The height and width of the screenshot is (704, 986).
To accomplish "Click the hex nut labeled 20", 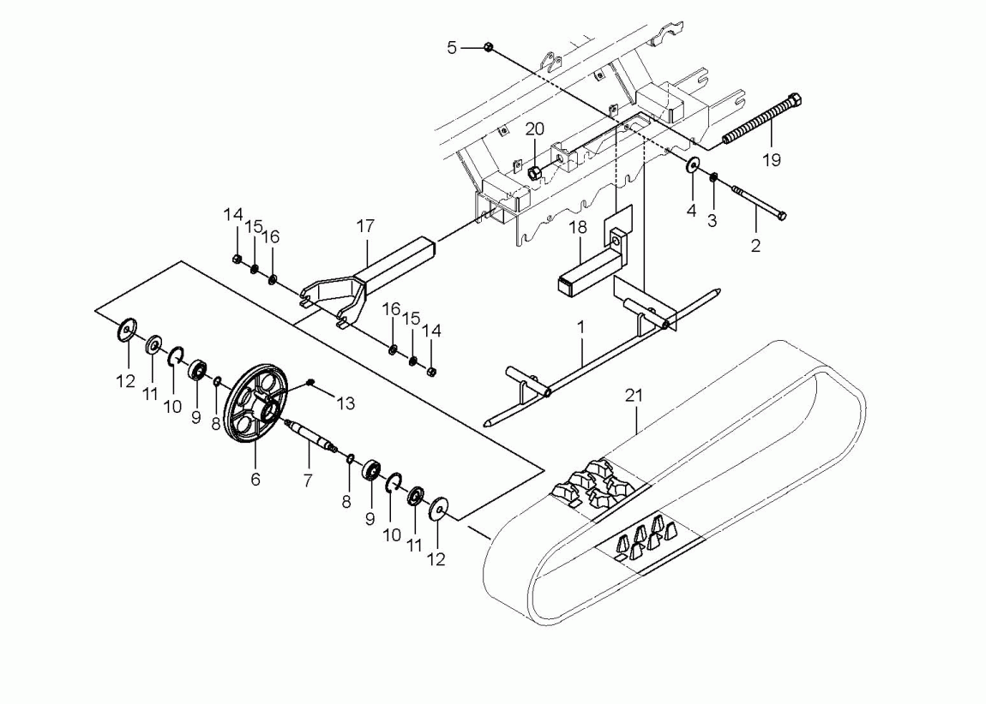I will (x=533, y=172).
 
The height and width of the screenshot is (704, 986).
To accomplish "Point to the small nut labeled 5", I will (x=487, y=48).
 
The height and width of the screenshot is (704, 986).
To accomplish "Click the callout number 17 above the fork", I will (x=366, y=227).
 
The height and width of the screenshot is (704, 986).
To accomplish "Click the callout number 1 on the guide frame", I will (x=582, y=327).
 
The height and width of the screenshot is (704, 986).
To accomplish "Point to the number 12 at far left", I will (x=126, y=380).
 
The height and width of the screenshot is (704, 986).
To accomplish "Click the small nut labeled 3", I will (x=712, y=177).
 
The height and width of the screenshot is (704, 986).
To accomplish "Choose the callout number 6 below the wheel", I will (x=255, y=480).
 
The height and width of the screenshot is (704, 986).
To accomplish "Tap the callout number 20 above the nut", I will (x=535, y=129).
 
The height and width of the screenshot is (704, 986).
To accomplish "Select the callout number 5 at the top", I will (x=452, y=48).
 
